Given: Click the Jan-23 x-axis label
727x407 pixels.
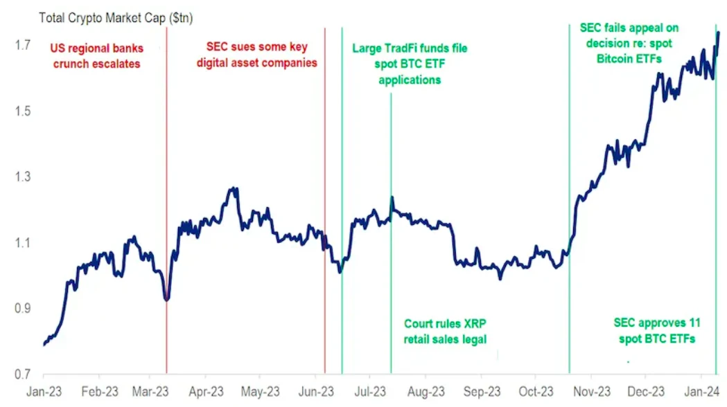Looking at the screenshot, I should (44, 392).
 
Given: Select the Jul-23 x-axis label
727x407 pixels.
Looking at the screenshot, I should (371, 392).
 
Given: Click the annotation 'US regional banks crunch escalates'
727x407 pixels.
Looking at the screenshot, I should (95, 56).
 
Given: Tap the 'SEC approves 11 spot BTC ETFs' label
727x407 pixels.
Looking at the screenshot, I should (654, 331).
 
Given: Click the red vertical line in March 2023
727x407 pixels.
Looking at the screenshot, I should (166, 208).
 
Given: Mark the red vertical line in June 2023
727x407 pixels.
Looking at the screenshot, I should (325, 173).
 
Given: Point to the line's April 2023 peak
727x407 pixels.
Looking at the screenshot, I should (234, 188).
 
